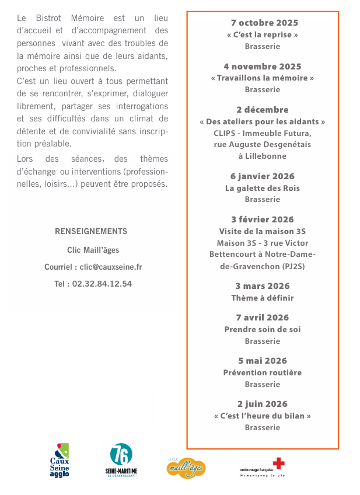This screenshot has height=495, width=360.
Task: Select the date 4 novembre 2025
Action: tap(263, 67)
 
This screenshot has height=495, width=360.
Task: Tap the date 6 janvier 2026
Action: tap(263, 176)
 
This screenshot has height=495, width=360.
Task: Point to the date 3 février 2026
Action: tap(263, 219)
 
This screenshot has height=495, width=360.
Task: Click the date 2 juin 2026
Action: tap(263, 404)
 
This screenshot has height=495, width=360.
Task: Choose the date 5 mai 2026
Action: tap(263, 361)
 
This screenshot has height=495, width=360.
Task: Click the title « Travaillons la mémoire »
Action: tap(263, 78)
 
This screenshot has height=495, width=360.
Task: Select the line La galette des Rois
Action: tap(263, 188)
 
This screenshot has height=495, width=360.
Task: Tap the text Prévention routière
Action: tap(263, 372)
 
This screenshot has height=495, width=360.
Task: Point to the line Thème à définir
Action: tap(263, 298)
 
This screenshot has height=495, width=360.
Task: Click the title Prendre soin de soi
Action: tap(263, 329)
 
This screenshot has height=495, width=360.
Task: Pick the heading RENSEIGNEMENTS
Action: tap(91, 231)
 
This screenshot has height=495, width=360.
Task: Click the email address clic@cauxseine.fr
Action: tap(111, 267)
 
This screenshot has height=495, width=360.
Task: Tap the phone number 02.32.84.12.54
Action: tap(102, 284)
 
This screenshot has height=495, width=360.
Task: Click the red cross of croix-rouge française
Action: tap(278, 463)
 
